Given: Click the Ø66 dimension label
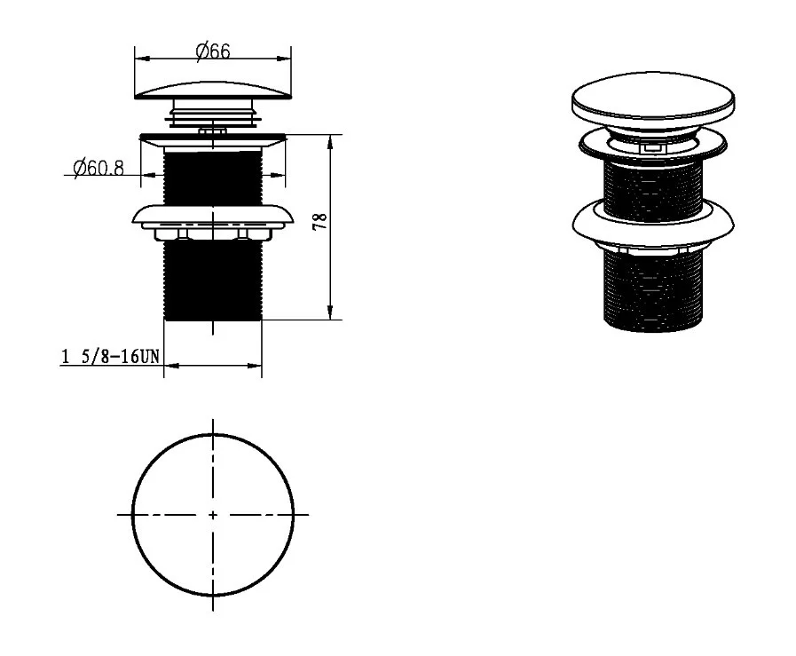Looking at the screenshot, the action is (x=213, y=51).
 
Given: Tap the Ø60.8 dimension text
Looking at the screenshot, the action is (x=99, y=168).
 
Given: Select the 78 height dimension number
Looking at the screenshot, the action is (x=320, y=222).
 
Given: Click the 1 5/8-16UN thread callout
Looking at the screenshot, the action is (x=110, y=356).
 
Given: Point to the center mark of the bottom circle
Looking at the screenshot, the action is (x=213, y=515).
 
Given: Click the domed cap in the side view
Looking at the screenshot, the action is (x=213, y=90).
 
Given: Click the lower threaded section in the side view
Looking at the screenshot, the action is (x=213, y=280).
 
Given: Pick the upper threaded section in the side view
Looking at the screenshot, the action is (x=213, y=178).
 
